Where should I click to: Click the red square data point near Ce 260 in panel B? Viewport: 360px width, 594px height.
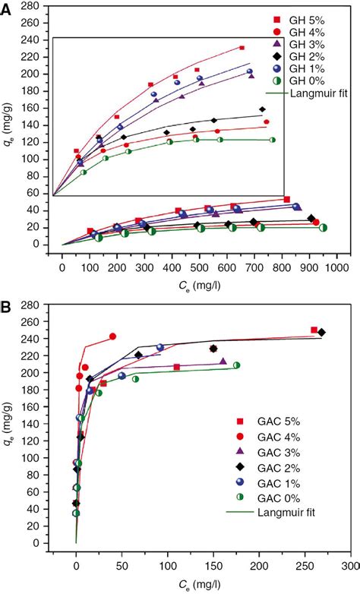[x=314, y=330]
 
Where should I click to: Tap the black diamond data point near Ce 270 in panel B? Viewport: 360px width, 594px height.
[x=321, y=333]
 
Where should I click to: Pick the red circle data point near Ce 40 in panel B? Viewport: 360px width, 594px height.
[x=112, y=336]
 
